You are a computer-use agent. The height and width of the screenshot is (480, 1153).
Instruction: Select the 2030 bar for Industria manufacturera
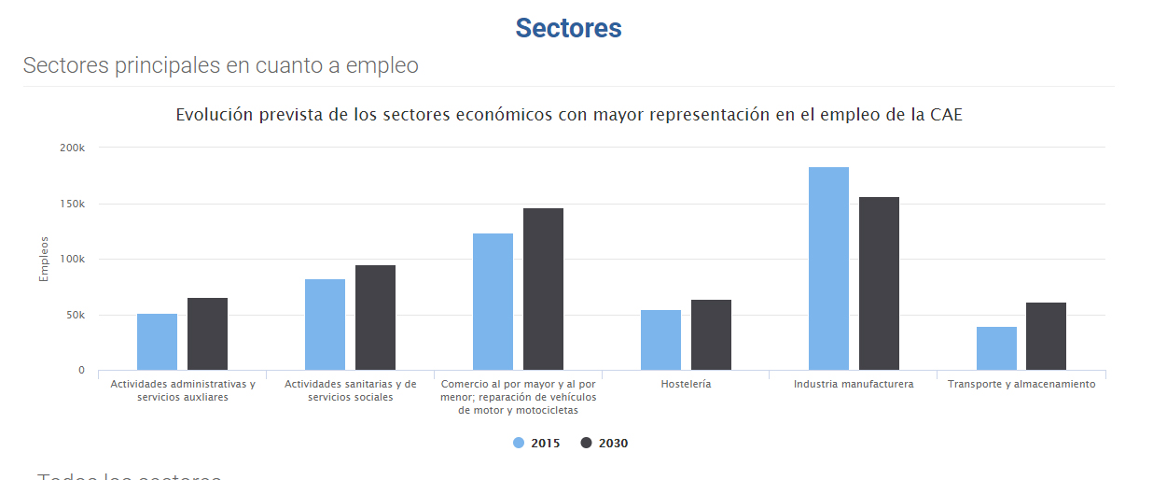tap(879, 284)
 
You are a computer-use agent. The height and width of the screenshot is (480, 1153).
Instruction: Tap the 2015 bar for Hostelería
tap(660, 340)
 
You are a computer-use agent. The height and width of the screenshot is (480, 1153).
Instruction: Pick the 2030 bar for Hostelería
tap(711, 335)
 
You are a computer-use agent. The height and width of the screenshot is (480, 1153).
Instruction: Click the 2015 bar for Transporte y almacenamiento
tap(996, 348)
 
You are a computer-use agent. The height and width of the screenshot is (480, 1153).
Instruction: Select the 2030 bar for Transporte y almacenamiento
tap(1046, 336)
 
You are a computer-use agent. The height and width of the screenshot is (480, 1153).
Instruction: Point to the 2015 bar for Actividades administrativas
tap(157, 342)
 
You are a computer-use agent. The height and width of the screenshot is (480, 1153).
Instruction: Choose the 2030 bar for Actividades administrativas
tap(207, 334)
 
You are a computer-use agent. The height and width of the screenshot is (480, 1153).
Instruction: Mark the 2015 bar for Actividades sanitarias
tap(325, 325)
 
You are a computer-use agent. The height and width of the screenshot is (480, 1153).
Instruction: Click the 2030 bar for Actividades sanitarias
tap(375, 318)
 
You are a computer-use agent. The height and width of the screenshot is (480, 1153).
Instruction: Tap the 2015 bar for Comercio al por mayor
tap(493, 302)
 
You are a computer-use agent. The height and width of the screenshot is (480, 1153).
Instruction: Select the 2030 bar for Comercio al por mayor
tap(543, 289)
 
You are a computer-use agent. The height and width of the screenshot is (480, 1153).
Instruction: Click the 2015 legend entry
tap(537, 444)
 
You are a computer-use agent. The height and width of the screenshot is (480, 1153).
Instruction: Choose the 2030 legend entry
tap(604, 444)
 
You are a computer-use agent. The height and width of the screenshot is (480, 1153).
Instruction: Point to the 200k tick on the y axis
tap(72, 148)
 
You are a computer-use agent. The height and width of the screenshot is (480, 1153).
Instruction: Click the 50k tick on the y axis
tap(75, 316)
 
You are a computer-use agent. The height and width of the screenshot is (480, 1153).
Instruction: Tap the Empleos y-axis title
tap(43, 259)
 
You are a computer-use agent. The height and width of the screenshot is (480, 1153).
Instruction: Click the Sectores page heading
tap(568, 28)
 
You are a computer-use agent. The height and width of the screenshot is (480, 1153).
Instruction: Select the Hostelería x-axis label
tap(686, 384)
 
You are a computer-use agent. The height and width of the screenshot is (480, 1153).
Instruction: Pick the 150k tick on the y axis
tap(72, 204)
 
